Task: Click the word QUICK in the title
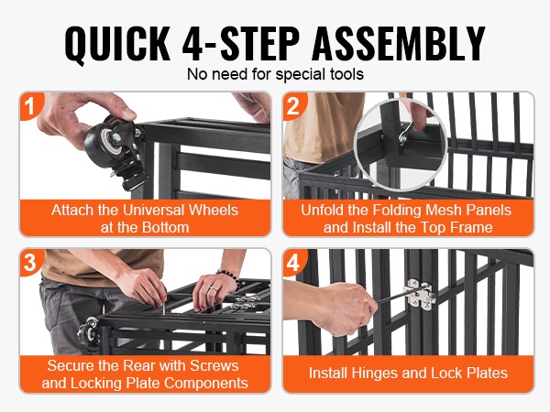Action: point(117,44)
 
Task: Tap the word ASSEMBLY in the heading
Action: point(399,43)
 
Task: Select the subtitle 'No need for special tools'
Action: point(275,74)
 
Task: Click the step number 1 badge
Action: point(30,105)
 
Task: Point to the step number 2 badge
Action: point(293,105)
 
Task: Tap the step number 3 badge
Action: point(30,262)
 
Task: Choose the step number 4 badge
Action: point(293,262)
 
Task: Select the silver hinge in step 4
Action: point(420,294)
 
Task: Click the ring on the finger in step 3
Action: point(213,289)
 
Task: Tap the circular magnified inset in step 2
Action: point(401,145)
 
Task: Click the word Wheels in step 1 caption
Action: point(214,211)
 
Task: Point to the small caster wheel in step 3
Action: point(88,331)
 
